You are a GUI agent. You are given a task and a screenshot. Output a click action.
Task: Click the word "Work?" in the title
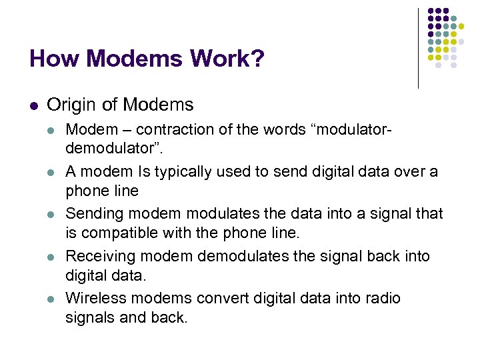(227, 59)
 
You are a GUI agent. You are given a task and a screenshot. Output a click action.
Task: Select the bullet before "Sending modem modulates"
(52, 215)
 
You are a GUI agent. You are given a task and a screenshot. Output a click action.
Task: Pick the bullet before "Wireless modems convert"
(52, 299)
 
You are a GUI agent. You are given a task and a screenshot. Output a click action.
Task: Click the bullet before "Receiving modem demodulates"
(52, 257)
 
